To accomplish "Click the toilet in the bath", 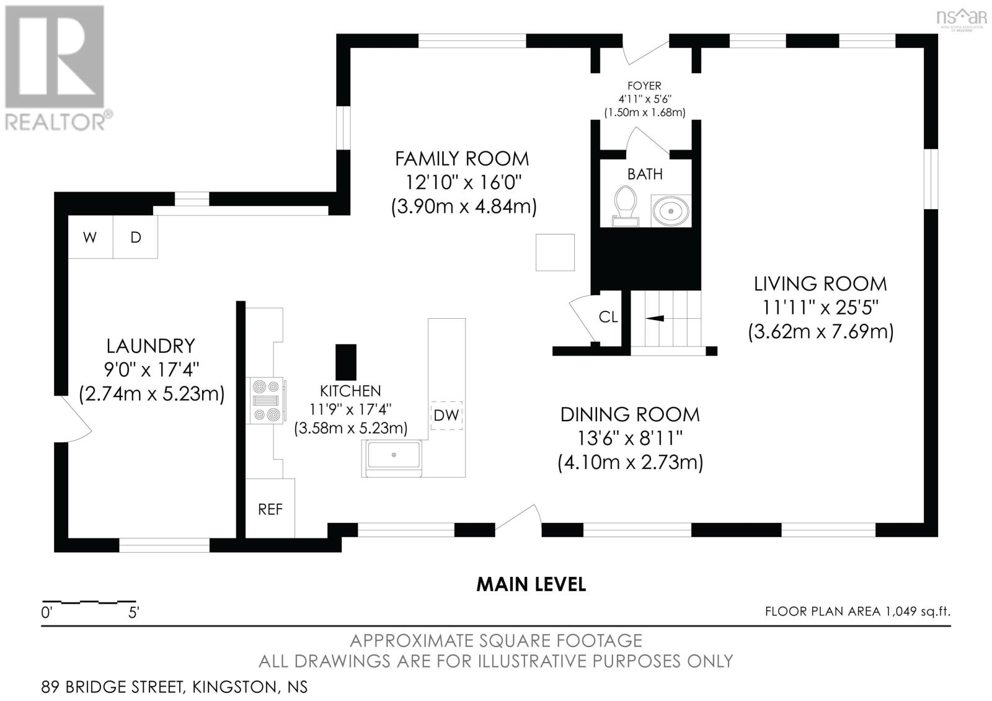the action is [x=626, y=206].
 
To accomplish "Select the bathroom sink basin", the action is [x=671, y=211].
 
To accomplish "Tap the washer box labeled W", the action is [x=91, y=237].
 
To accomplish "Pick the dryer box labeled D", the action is [x=136, y=237].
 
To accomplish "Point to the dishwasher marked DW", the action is [x=446, y=415].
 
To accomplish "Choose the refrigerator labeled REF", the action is [x=270, y=508].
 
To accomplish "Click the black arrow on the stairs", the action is [x=655, y=318].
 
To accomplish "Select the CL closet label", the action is [x=608, y=317].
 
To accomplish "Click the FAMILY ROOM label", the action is [x=462, y=159].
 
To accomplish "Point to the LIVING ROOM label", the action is [x=820, y=284].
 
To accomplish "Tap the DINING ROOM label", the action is [x=630, y=415].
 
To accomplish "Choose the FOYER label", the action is [x=644, y=86].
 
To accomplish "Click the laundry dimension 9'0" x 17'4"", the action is [x=151, y=369].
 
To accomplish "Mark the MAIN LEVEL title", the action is [x=531, y=584].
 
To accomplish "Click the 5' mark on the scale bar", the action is [x=133, y=612].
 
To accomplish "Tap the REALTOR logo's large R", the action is [x=55, y=56].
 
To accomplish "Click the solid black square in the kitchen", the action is [x=346, y=362].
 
